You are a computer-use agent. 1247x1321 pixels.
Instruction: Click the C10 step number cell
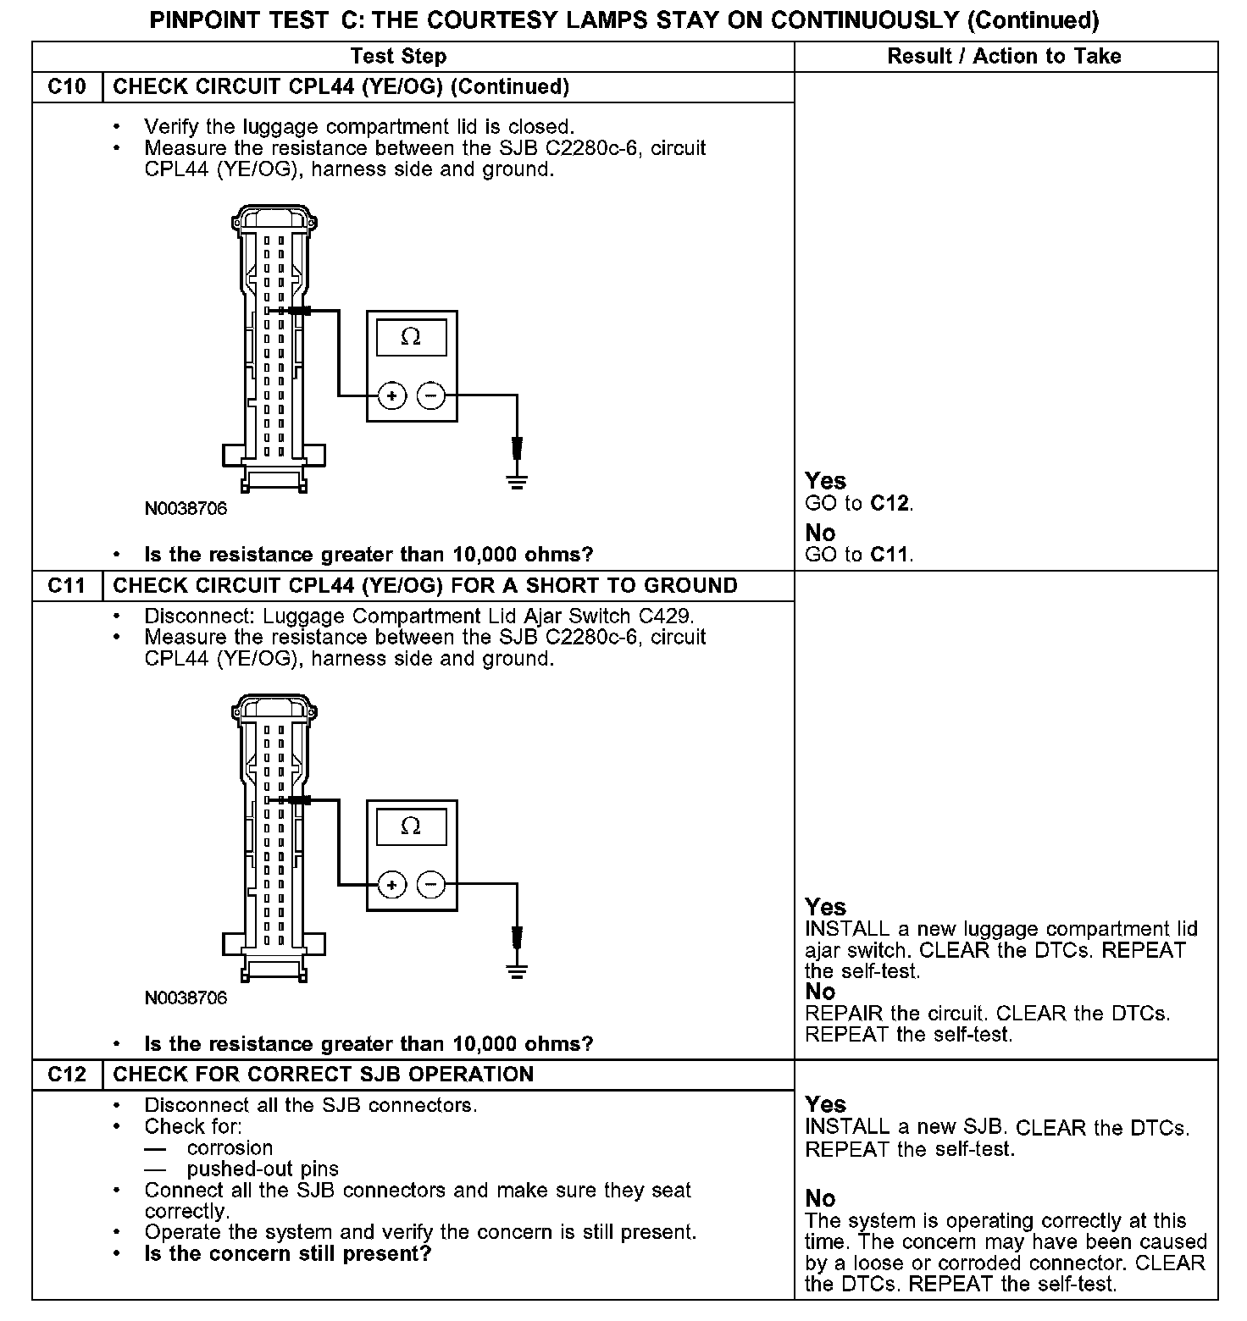tap(67, 87)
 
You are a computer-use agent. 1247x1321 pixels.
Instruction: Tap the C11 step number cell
tap(67, 586)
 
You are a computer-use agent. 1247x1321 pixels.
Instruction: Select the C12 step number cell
tap(67, 1075)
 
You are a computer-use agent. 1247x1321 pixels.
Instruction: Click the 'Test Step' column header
tap(398, 57)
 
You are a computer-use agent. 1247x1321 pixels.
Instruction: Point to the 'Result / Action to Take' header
tap(1004, 57)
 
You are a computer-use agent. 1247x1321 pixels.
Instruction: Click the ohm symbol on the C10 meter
tap(411, 337)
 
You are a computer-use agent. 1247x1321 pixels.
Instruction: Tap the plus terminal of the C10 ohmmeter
tap(391, 395)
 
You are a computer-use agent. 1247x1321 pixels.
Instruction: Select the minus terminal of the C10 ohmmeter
tap(431, 395)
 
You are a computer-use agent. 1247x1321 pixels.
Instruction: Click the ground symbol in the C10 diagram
tap(517, 481)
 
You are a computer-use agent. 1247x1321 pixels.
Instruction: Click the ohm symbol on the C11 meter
tap(411, 826)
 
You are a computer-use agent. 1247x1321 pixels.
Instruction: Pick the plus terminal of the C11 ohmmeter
tap(391, 885)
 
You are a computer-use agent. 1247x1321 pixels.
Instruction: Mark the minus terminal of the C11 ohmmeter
tap(431, 885)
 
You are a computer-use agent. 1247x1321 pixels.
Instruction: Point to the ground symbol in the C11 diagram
tap(517, 970)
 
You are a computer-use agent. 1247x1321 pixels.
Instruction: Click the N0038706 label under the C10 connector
tap(186, 509)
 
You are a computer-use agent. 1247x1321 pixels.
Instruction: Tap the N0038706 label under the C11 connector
tap(186, 998)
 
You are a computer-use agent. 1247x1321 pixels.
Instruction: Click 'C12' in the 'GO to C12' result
tap(890, 504)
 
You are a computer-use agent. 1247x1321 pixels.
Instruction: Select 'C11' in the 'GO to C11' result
tap(890, 555)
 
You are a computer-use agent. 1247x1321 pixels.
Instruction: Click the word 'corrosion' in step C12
tap(230, 1148)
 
